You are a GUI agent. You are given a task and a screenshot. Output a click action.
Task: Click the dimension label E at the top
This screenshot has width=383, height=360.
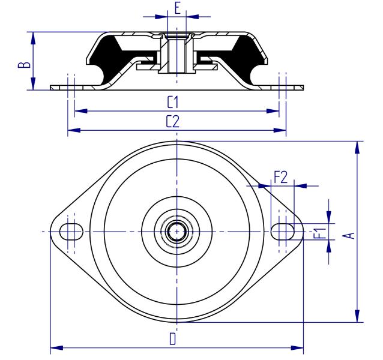point(178,8)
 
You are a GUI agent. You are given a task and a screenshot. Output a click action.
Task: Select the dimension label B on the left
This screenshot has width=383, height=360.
point(25,64)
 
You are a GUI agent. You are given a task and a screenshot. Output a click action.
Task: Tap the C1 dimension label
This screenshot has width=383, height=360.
point(173,102)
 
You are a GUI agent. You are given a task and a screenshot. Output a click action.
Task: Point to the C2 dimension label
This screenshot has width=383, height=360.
point(173,121)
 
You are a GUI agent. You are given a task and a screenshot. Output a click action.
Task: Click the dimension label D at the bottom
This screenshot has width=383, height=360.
point(173,338)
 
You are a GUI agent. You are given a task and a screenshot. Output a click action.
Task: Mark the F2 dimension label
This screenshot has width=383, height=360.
point(281,177)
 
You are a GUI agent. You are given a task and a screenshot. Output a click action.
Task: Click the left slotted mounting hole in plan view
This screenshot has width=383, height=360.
point(71,232)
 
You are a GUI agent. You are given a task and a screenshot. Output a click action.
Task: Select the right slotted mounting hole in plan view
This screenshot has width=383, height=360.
point(283,232)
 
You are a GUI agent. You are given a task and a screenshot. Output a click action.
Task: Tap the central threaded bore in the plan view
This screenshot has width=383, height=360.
point(177,232)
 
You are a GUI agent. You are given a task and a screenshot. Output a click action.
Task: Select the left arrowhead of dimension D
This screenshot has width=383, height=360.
point(56,347)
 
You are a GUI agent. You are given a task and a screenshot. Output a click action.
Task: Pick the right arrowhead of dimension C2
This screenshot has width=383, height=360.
point(280,130)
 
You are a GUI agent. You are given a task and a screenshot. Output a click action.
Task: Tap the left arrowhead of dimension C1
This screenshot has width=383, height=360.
point(81,111)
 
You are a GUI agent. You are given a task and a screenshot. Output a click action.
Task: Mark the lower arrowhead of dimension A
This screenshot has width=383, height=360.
point(357,316)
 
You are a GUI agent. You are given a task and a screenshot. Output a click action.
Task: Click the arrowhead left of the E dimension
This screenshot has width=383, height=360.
point(161,17)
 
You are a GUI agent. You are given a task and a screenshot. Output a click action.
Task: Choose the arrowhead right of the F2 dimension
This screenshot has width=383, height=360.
point(300,186)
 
